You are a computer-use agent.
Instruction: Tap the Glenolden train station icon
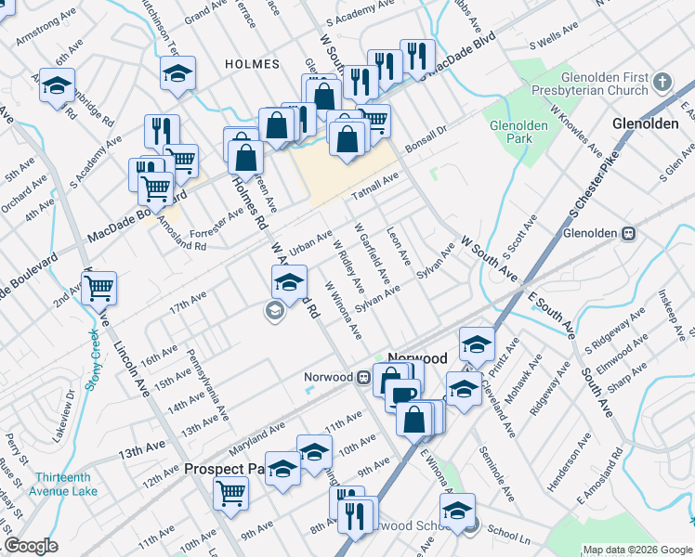[x=628, y=234]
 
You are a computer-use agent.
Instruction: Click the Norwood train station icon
[x=365, y=377]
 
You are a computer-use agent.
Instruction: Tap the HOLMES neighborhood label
[x=252, y=64]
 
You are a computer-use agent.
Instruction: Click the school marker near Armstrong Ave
[x=58, y=86]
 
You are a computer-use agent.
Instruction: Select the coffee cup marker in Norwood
[x=402, y=394]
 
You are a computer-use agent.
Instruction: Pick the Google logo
[x=31, y=546]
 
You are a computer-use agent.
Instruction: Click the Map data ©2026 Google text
[x=637, y=550]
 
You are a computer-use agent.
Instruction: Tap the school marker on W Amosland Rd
[x=289, y=281]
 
